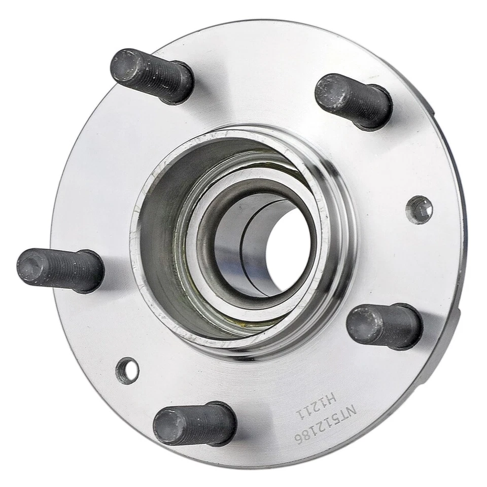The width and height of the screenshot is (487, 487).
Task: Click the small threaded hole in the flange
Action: [x=420, y=210]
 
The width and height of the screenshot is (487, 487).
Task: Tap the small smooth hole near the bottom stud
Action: [x=127, y=370]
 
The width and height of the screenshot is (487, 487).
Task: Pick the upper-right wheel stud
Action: [x=353, y=100]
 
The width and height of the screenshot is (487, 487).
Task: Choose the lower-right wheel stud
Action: [x=385, y=326]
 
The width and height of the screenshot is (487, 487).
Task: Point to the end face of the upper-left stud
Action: [x=125, y=66]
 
